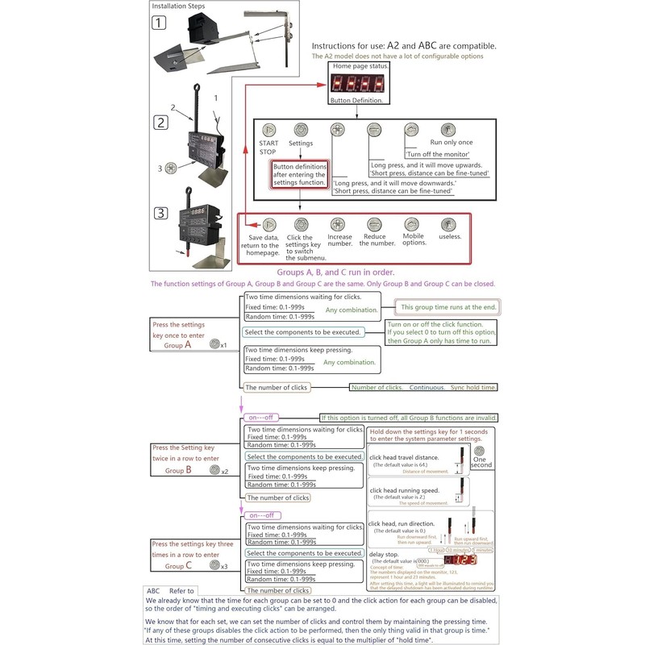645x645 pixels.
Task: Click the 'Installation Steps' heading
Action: tap(179, 6)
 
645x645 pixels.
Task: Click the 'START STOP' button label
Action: tap(268, 148)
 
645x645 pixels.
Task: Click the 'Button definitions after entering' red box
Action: tap(299, 173)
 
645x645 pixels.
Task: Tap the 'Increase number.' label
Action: tap(339, 241)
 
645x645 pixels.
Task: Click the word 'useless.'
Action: tap(449, 236)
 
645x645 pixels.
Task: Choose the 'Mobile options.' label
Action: tap(414, 241)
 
